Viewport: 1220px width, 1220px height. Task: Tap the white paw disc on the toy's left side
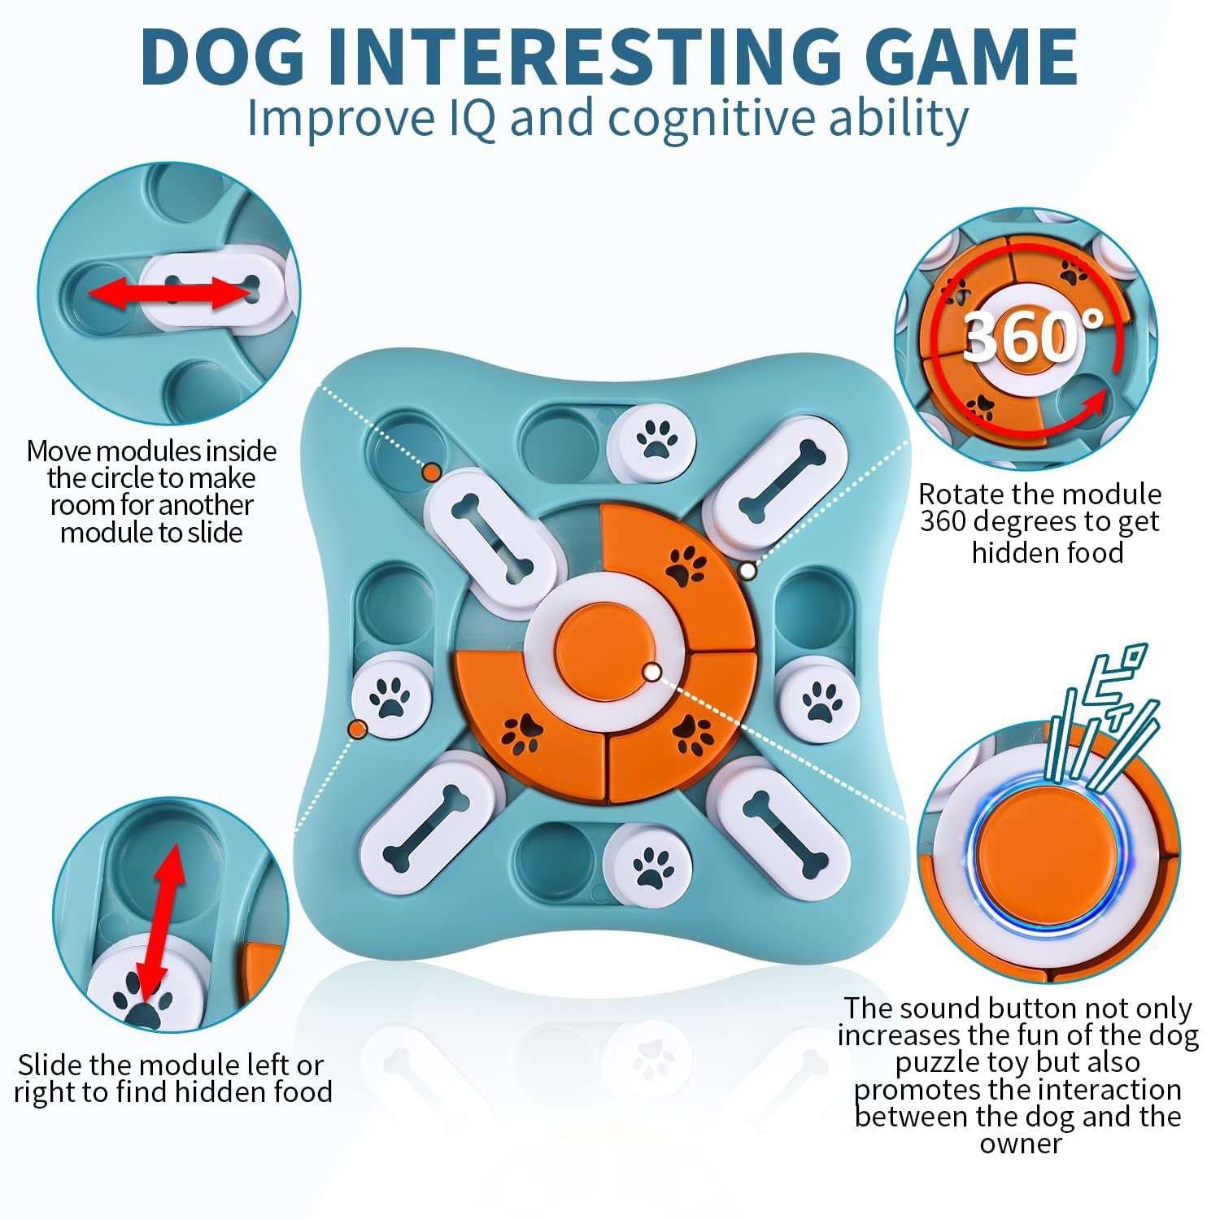pos(391,698)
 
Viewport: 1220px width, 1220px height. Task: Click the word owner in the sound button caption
pos(1020,1144)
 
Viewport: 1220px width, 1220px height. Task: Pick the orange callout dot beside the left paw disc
pos(356,729)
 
